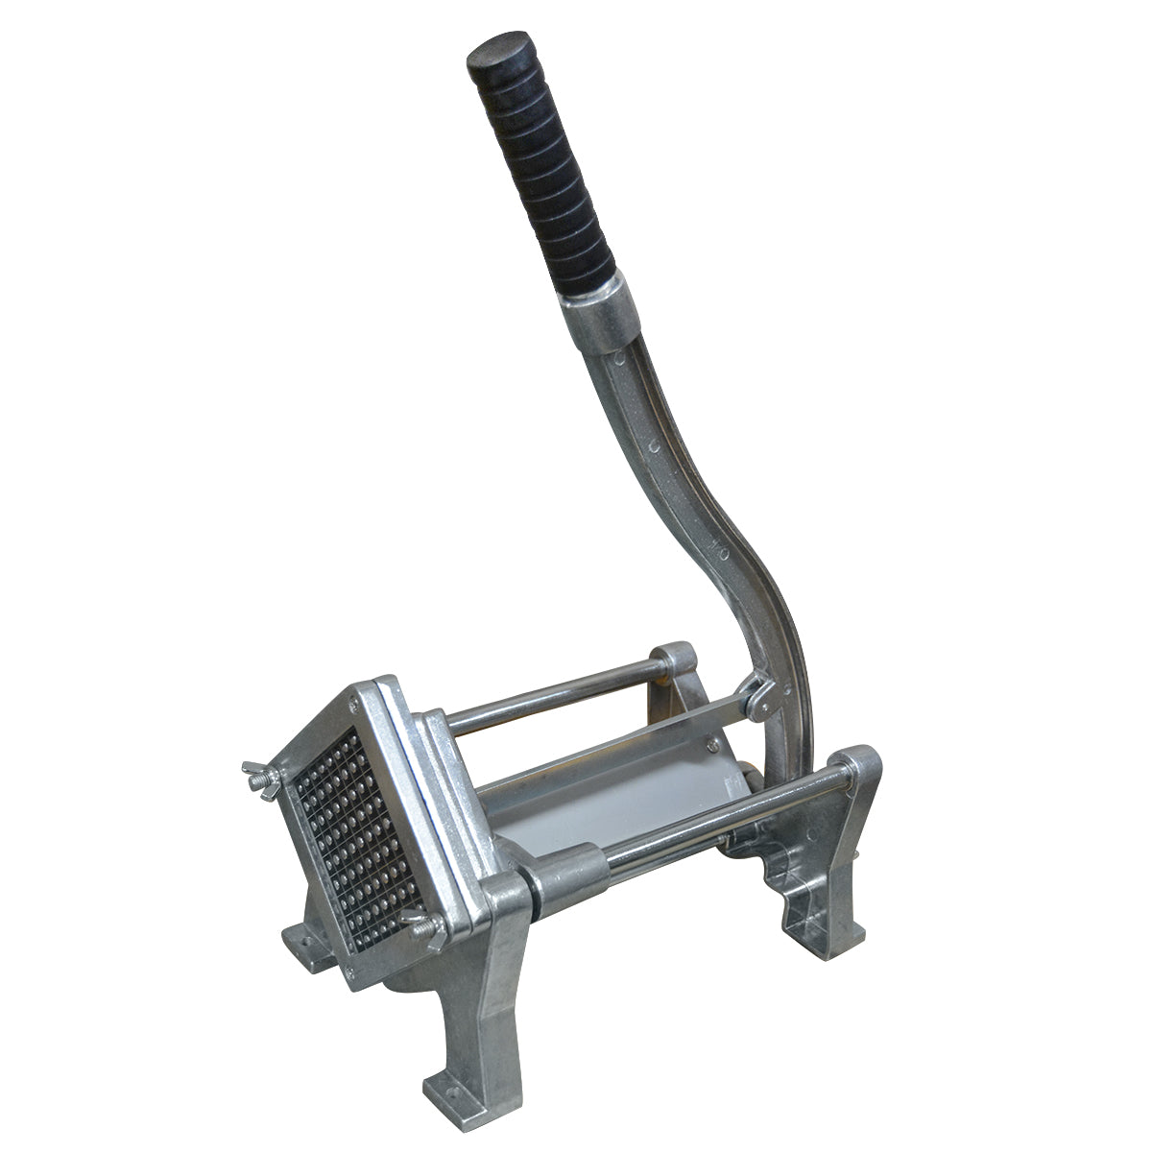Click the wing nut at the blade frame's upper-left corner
click(x=256, y=770)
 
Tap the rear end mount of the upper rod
click(x=677, y=662)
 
